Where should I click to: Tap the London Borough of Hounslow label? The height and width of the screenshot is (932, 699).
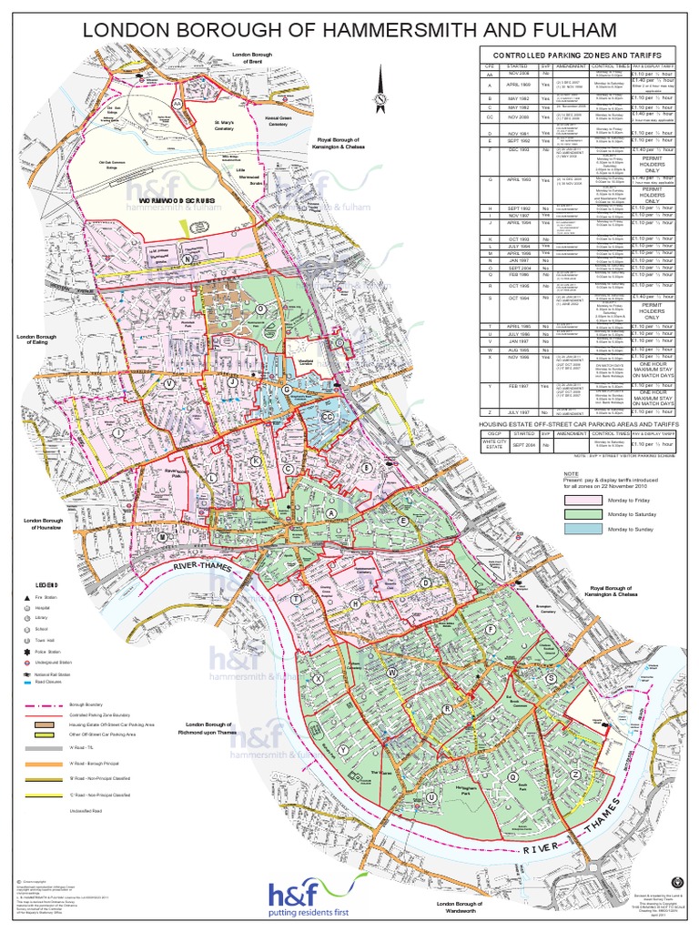tap(44, 523)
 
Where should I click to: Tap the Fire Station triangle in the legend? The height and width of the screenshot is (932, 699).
tap(40, 597)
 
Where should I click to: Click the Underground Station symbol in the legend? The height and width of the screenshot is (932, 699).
tap(40, 664)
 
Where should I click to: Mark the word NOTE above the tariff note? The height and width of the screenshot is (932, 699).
tap(571, 474)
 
